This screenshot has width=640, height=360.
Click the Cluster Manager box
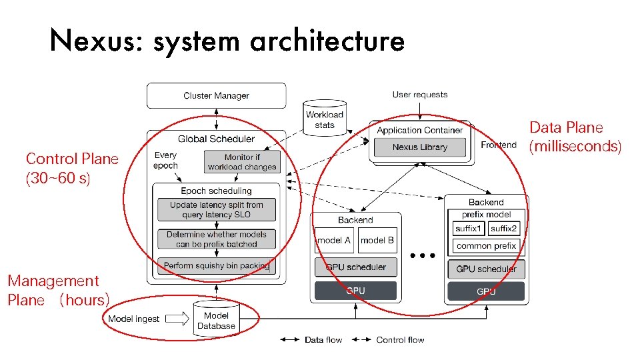[216, 95]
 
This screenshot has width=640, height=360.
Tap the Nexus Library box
[419, 147]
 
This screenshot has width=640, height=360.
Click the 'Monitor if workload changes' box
[242, 162]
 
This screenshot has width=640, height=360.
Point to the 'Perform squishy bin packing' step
[217, 265]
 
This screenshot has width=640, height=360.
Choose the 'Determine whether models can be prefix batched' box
[216, 239]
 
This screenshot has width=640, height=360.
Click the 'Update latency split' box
[216, 210]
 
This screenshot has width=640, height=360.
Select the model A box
[334, 240]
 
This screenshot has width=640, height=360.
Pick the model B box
[377, 240]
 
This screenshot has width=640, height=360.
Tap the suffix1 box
[469, 229]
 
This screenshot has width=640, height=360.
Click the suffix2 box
[504, 229]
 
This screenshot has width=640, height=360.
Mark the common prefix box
[487, 246]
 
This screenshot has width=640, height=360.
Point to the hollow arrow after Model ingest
[177, 319]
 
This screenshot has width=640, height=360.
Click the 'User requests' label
[420, 95]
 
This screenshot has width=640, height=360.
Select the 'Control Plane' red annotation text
[72, 159]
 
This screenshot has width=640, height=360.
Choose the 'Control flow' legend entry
[399, 340]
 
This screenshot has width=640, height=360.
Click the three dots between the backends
[423, 255]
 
